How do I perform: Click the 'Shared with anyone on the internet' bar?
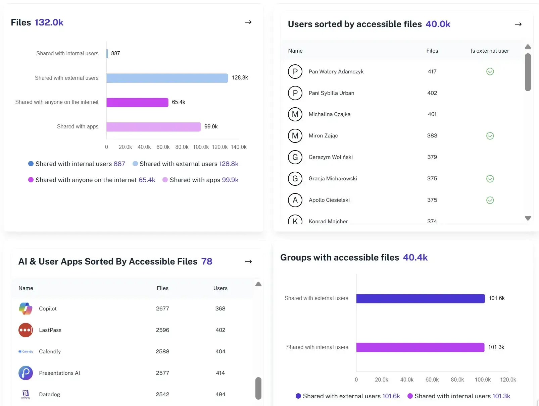pyautogui.click(x=137, y=102)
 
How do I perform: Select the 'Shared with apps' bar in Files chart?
pyautogui.click(x=153, y=127)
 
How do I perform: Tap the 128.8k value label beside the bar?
pyautogui.click(x=240, y=78)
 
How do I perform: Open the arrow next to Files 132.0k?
pyautogui.click(x=248, y=22)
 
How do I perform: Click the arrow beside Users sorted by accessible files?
pyautogui.click(x=518, y=24)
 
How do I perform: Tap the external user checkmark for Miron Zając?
pyautogui.click(x=490, y=136)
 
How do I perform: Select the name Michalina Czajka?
pyautogui.click(x=329, y=114)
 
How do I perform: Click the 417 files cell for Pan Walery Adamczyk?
pyautogui.click(x=432, y=72)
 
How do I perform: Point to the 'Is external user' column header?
pyautogui.click(x=490, y=51)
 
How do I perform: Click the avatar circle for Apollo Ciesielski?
pyautogui.click(x=295, y=200)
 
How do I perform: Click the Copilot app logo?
pyautogui.click(x=26, y=309)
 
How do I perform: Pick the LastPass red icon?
pyautogui.click(x=26, y=330)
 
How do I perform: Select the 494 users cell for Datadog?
pyautogui.click(x=220, y=395)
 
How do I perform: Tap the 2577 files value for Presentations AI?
pyautogui.click(x=162, y=373)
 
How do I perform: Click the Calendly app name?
pyautogui.click(x=50, y=352)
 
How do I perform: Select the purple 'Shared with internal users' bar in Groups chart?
pyautogui.click(x=420, y=347)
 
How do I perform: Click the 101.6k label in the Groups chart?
pyautogui.click(x=496, y=298)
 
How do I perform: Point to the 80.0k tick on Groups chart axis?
pyautogui.click(x=457, y=380)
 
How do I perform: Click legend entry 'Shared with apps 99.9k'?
pyautogui.click(x=200, y=180)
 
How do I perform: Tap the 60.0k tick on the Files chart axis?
pyautogui.click(x=163, y=147)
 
